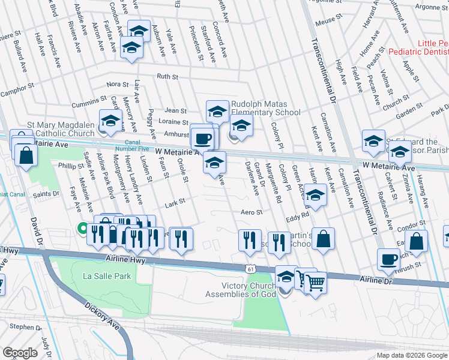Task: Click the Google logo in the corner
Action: (x=21, y=353)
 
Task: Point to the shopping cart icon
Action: (x=315, y=281)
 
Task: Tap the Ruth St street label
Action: (x=168, y=77)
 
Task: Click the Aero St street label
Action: (x=252, y=212)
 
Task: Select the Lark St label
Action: (x=174, y=204)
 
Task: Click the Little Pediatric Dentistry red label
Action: (x=417, y=49)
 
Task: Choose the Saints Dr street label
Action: (x=46, y=194)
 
